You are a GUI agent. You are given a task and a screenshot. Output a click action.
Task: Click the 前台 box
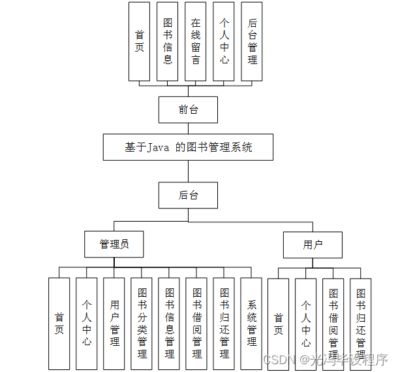188,110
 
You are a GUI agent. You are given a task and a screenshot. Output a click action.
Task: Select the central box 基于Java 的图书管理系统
188,147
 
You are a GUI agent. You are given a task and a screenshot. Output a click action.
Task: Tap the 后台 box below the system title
188,195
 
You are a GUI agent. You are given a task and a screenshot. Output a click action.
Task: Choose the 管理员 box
114,245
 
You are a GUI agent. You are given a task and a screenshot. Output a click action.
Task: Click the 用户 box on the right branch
313,245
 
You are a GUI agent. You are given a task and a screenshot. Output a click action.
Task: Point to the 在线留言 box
196,41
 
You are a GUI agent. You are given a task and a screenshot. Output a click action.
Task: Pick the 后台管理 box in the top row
252,41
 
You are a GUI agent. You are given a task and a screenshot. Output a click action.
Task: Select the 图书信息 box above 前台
168,41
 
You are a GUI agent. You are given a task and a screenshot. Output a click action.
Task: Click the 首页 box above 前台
140,41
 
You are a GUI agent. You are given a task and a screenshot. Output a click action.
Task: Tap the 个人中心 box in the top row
224,41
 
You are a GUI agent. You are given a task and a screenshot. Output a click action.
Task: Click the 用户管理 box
114,323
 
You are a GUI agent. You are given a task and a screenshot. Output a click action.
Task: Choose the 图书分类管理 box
142,323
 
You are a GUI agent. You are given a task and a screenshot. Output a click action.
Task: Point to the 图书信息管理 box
169,323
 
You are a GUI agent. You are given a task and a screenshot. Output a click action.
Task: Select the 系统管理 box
251,323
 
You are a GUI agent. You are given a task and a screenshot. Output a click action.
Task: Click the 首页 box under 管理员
59,323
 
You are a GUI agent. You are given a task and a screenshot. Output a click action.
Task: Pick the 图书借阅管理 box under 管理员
196,323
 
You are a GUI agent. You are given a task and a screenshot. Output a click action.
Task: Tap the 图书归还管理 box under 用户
360,323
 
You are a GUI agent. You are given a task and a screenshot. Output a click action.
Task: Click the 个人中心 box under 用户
305,323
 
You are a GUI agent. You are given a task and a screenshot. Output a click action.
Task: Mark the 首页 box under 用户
278,323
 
